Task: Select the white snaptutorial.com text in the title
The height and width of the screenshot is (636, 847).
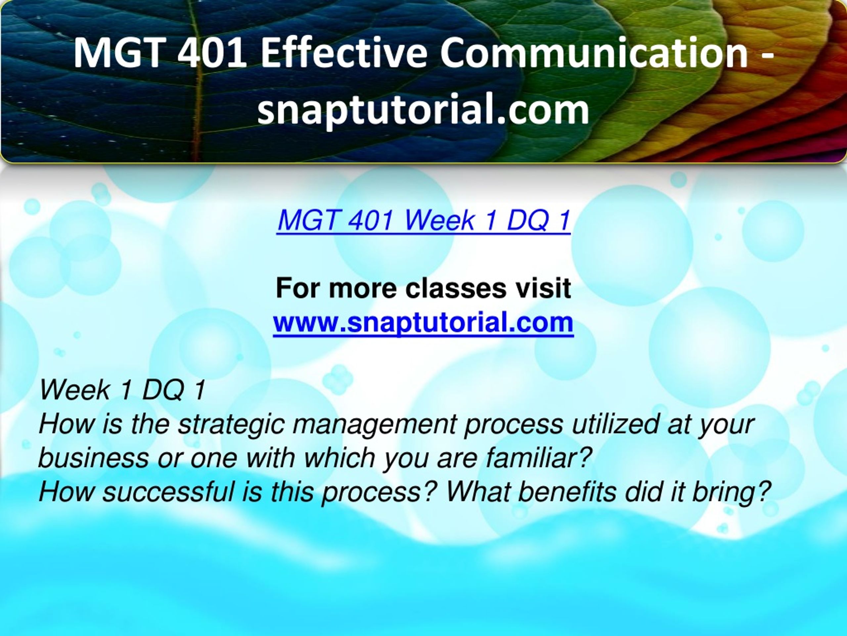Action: click(x=423, y=110)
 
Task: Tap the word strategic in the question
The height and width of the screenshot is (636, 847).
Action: click(x=231, y=425)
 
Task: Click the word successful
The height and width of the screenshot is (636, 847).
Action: click(x=168, y=492)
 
